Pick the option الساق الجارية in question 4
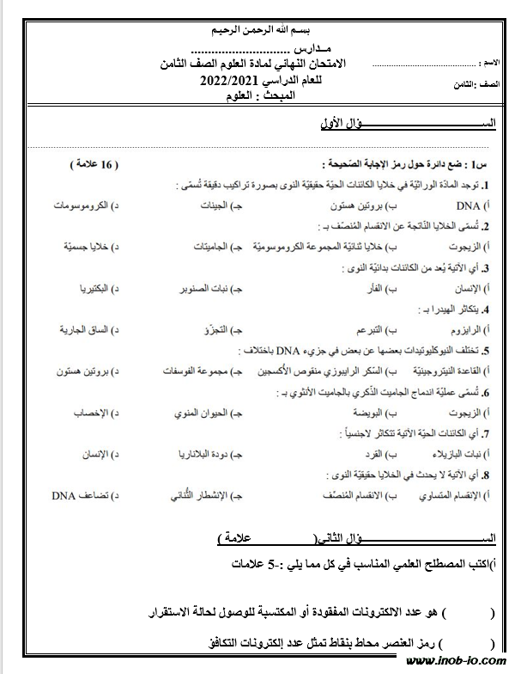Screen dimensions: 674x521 pos(85,329)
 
